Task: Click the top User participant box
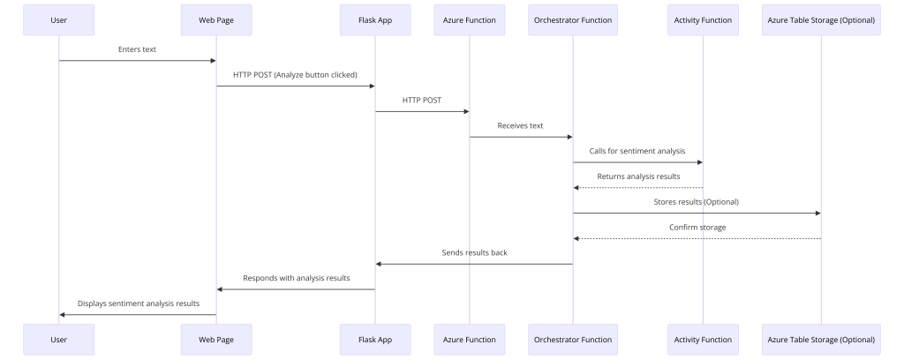click(x=59, y=20)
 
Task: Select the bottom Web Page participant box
click(x=216, y=339)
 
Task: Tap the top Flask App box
click(x=375, y=20)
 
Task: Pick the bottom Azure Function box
click(x=470, y=339)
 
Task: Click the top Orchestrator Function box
click(x=573, y=20)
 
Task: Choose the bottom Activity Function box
click(x=704, y=339)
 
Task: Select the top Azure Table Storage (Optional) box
click(x=822, y=20)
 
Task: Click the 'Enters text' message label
click(x=137, y=49)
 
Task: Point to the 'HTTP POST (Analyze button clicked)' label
click(x=295, y=75)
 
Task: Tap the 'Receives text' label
click(x=521, y=125)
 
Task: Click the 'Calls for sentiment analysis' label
click(x=637, y=151)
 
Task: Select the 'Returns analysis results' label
click(x=639, y=176)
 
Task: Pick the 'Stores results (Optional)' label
click(x=697, y=201)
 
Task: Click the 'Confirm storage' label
click(x=697, y=227)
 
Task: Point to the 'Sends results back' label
click(x=474, y=252)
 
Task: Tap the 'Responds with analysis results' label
click(x=297, y=278)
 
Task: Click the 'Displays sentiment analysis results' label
click(x=139, y=303)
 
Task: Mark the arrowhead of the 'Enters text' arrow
click(x=213, y=61)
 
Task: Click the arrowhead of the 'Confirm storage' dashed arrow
click(x=576, y=238)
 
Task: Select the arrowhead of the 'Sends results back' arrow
click(x=379, y=264)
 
